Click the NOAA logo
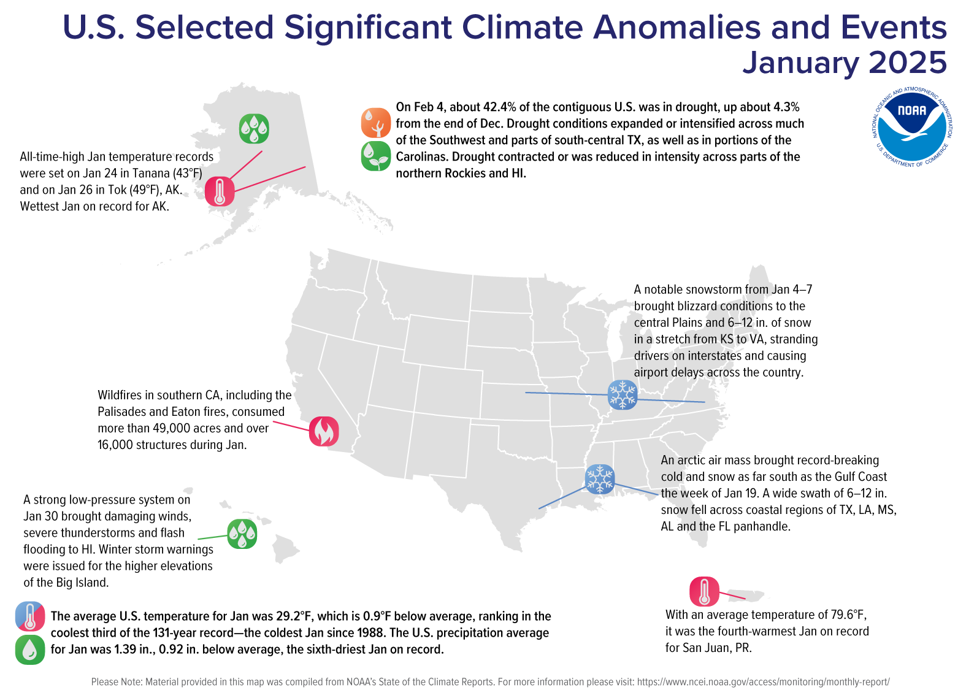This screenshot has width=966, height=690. (912, 126)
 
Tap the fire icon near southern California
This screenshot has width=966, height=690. (324, 431)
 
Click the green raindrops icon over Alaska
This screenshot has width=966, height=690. (254, 129)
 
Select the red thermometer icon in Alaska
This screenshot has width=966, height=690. (220, 191)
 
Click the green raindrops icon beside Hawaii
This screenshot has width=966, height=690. (242, 534)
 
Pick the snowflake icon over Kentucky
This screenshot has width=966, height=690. (623, 394)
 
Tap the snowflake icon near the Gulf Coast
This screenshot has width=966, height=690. (599, 479)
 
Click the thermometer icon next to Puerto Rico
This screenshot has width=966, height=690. (704, 592)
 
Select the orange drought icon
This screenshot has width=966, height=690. (376, 123)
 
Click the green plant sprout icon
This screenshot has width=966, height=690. (376, 156)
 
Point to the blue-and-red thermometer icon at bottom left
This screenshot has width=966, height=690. (30, 616)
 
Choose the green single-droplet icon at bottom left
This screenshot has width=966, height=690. (30, 650)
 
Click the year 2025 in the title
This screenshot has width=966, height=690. (908, 63)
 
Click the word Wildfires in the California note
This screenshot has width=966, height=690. (120, 396)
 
